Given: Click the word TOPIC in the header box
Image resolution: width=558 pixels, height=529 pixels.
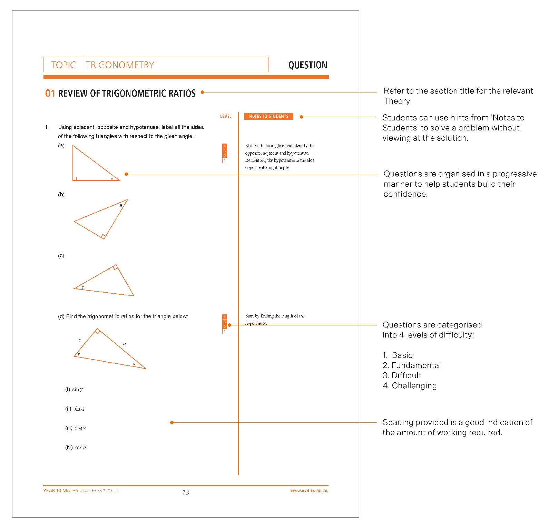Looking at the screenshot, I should click(63, 65).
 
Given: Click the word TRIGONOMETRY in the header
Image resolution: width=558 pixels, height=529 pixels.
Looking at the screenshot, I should click(120, 65).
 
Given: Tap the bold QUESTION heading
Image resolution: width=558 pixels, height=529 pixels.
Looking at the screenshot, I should click(307, 65).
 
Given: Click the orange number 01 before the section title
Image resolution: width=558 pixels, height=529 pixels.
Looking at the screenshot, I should click(50, 94).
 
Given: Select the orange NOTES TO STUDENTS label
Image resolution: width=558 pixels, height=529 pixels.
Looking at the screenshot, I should click(268, 117).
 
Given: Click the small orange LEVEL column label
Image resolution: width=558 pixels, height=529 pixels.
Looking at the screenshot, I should click(226, 117).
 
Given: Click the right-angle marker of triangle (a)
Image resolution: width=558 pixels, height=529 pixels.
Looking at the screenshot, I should click(75, 178).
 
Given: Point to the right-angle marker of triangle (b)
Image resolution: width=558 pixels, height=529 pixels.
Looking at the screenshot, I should click(103, 237).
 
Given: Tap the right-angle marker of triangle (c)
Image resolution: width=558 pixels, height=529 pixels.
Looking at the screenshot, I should click(116, 267).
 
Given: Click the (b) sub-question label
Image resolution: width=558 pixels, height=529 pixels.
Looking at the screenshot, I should click(61, 195).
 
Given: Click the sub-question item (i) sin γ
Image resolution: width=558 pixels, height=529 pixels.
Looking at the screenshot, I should click(74, 389).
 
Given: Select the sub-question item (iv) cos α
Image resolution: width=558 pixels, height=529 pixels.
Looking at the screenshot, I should click(76, 448).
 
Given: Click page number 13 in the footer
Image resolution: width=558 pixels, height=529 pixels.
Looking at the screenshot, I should click(186, 492).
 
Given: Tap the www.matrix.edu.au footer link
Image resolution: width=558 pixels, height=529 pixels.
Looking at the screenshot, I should click(309, 490).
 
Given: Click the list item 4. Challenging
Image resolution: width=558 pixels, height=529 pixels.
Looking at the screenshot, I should click(410, 385).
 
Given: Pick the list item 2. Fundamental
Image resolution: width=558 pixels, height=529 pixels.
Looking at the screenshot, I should click(412, 365).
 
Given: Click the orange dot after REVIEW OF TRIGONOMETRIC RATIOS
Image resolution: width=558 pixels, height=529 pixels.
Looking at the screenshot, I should click(203, 92).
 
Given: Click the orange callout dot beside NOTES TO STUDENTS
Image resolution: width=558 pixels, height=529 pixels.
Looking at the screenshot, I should click(301, 117).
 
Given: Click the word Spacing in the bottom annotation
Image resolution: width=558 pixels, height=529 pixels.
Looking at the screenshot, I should click(398, 422).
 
